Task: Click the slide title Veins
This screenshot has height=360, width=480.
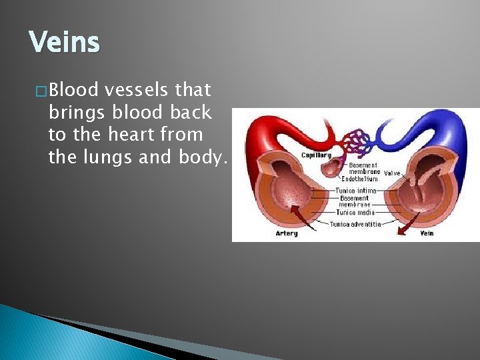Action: point(64,43)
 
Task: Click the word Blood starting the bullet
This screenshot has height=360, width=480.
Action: point(73,89)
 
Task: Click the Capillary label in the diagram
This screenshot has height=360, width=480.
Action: point(316,155)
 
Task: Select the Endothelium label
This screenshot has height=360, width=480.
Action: point(359,179)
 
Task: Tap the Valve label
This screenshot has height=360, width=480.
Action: point(392,172)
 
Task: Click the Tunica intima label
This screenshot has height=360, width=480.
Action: point(356,191)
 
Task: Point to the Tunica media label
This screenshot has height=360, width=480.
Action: point(355,212)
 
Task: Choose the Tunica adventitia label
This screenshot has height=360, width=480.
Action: point(356,224)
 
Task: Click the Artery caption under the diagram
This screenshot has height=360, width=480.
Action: point(287,233)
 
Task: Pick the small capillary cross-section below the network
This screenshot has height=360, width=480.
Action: point(331,167)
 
